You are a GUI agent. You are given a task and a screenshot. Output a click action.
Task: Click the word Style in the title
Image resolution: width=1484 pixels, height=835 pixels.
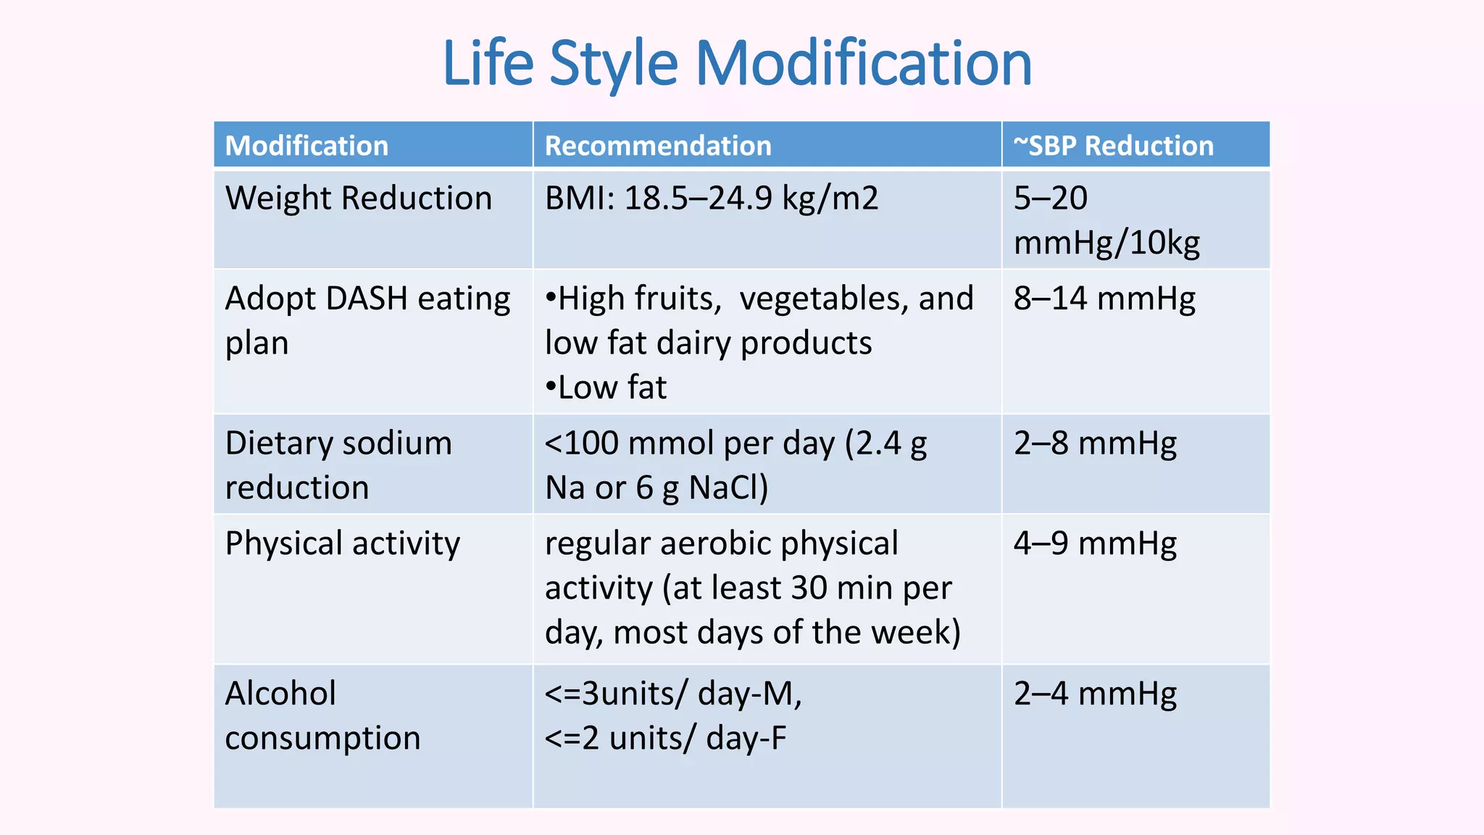pyautogui.click(x=614, y=64)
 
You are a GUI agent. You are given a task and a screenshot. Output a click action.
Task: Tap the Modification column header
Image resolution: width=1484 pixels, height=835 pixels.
pyautogui.click(x=307, y=146)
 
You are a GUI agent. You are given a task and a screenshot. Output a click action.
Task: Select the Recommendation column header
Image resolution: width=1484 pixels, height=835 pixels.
pyautogui.click(x=658, y=146)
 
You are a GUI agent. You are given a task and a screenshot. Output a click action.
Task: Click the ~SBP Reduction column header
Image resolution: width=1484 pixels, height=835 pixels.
pyautogui.click(x=1113, y=146)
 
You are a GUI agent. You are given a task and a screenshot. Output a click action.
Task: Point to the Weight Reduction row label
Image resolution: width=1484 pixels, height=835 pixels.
pyautogui.click(x=358, y=198)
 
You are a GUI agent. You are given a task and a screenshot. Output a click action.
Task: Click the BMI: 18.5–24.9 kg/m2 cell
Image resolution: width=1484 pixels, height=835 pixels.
pyautogui.click(x=711, y=198)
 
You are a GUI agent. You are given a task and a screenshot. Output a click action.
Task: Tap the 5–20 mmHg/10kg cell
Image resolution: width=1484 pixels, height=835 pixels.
pyautogui.click(x=1106, y=220)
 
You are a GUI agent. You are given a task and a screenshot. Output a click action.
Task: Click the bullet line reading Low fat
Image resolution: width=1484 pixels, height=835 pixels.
pyautogui.click(x=606, y=387)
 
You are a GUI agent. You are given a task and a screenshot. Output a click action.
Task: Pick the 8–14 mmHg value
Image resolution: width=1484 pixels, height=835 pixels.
pyautogui.click(x=1104, y=299)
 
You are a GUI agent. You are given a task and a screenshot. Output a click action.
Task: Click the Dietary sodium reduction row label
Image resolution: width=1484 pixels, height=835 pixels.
pyautogui.click(x=338, y=465)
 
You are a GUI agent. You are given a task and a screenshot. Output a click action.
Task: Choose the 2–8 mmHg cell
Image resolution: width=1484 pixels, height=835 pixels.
pyautogui.click(x=1095, y=443)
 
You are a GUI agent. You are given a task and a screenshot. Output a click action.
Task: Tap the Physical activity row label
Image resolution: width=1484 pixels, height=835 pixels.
pyautogui.click(x=342, y=543)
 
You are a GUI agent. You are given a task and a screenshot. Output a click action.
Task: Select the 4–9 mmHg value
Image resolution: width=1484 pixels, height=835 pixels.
pyautogui.click(x=1095, y=543)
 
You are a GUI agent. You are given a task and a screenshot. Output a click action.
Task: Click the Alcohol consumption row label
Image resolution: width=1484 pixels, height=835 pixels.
pyautogui.click(x=322, y=715)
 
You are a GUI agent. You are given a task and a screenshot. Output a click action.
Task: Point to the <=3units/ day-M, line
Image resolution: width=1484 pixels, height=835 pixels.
pyautogui.click(x=673, y=694)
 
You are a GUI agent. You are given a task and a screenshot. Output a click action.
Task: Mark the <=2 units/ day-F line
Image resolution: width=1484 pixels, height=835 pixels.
pyautogui.click(x=665, y=738)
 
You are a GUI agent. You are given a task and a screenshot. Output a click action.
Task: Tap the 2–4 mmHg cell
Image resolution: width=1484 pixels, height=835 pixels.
pyautogui.click(x=1095, y=694)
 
